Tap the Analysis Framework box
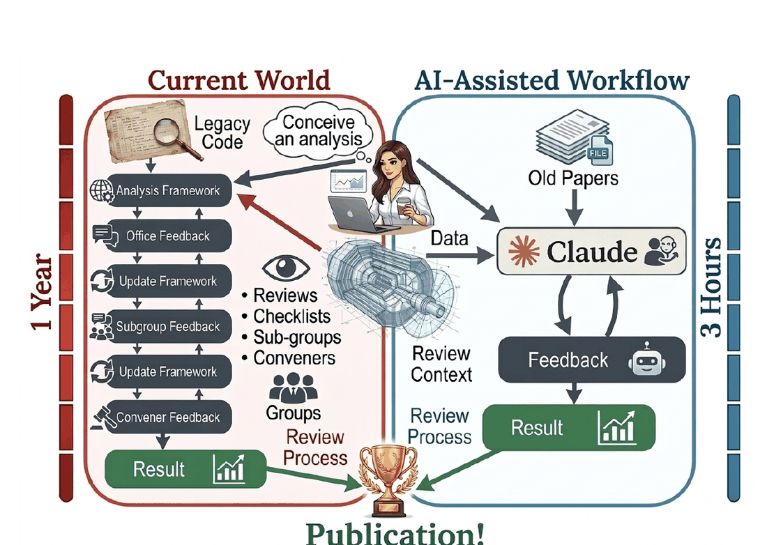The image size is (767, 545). coord(161,190)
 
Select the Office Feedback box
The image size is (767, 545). coord(161,236)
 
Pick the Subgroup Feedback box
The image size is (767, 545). coord(161,326)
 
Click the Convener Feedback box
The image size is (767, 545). coord(161,417)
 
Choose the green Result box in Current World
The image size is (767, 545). coord(185,468)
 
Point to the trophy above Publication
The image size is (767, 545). coord(388,480)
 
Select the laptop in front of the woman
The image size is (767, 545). coord(356,213)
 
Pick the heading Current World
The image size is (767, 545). coord(239,81)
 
